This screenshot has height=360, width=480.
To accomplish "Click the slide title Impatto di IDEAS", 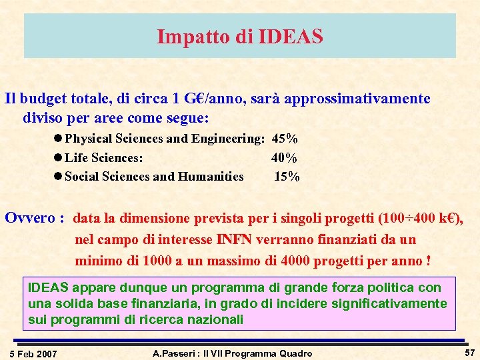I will click(240, 36).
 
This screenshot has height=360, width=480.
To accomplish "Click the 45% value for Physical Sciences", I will click(285, 139).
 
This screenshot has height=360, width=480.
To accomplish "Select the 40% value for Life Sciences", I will click(284, 158).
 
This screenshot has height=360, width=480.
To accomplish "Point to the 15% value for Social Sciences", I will click(287, 177).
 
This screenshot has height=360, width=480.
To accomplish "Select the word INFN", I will click(235, 239).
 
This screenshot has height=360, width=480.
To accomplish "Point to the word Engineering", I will click(228, 139).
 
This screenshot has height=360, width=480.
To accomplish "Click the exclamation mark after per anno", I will click(427, 260).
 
